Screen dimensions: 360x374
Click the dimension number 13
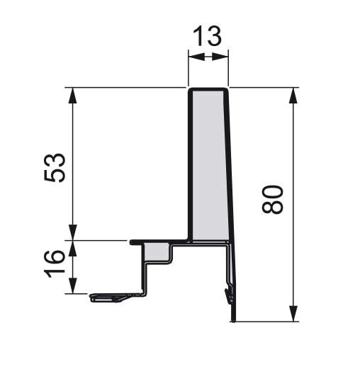point(207,36)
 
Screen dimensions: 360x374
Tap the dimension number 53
point(55,167)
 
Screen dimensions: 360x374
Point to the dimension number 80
point(272,199)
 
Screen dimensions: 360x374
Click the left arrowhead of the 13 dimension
point(196,57)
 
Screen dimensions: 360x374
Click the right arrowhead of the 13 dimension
point(220,57)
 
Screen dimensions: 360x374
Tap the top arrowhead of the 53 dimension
point(72,96)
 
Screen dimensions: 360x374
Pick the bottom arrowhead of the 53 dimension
point(72,232)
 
